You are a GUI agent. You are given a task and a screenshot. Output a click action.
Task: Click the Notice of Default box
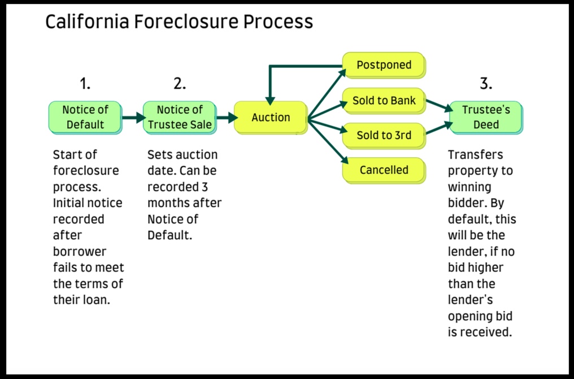click(x=85, y=117)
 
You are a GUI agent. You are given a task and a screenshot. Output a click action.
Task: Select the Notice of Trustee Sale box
click(x=180, y=117)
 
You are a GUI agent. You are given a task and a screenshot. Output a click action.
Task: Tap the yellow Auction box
click(x=271, y=117)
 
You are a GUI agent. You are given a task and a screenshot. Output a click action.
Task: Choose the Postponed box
click(x=384, y=65)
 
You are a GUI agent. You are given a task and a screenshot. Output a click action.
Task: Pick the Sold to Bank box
click(x=384, y=101)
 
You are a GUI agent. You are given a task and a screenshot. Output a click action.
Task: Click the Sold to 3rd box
click(x=384, y=135)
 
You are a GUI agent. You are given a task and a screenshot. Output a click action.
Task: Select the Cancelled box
click(x=384, y=170)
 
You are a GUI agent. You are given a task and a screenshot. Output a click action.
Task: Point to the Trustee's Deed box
click(x=486, y=117)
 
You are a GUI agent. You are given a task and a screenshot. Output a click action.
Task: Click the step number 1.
click(x=85, y=84)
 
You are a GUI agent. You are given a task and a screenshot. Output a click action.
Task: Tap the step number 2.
click(x=180, y=84)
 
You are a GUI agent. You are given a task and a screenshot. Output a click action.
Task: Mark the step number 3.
click(x=486, y=84)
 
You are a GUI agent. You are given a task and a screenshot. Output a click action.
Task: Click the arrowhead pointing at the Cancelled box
click(x=344, y=160)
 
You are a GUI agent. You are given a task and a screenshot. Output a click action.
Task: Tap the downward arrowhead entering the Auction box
click(x=270, y=101)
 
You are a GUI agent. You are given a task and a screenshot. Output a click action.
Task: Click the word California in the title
click(x=87, y=21)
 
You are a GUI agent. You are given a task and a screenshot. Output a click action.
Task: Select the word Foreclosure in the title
click(x=186, y=21)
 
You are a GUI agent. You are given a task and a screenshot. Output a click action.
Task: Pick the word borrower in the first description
click(x=80, y=252)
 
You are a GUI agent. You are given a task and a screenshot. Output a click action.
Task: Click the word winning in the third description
click(x=469, y=187)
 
